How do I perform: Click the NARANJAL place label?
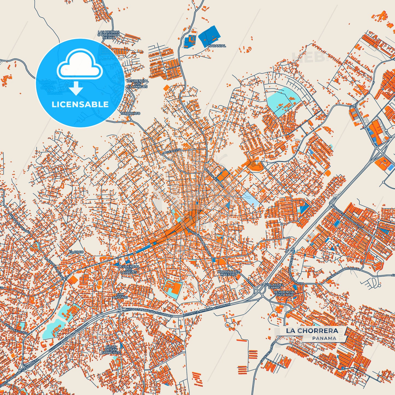click(x=217, y=46)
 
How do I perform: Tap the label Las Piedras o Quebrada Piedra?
click(x=109, y=35)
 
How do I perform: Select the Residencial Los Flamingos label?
click(x=138, y=84)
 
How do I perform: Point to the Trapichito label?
click(x=130, y=113)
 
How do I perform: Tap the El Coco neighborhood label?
click(x=76, y=252)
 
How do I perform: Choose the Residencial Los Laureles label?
click(x=128, y=269)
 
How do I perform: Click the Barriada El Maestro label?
click(x=229, y=273)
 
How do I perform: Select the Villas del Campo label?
click(x=274, y=286)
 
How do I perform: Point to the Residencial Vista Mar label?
click(x=285, y=293)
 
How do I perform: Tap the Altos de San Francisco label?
click(x=111, y=350)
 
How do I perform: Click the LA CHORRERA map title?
click(x=312, y=331)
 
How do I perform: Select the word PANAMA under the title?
click(x=324, y=338)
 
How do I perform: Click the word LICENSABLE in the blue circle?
click(x=80, y=104)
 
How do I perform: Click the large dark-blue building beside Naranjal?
click(x=209, y=36)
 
